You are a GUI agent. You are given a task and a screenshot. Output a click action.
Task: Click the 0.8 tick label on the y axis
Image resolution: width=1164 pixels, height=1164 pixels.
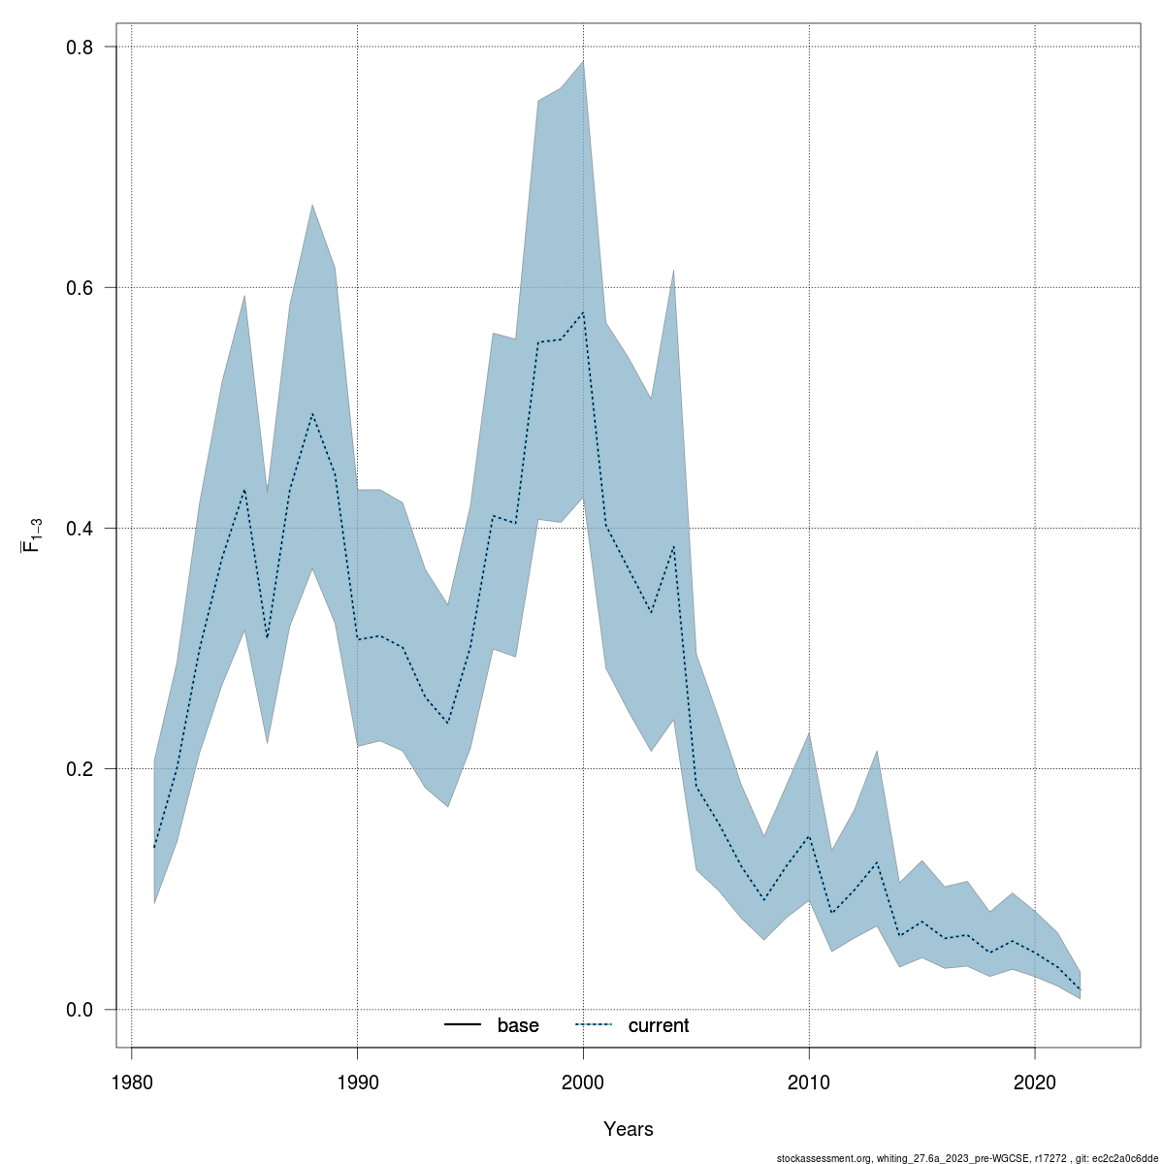(x=77, y=48)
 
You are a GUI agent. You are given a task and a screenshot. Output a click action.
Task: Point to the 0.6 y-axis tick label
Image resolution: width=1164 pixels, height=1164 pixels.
(x=77, y=288)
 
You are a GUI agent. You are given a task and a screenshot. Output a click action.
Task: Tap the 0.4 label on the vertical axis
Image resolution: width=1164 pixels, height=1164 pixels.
(x=77, y=529)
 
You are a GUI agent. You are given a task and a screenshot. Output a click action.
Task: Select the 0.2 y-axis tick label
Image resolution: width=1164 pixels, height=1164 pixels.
(x=77, y=769)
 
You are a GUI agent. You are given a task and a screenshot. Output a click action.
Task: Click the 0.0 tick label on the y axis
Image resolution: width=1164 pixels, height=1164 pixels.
(x=77, y=1010)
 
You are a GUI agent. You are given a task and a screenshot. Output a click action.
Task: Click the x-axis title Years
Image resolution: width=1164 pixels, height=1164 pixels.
(x=629, y=1129)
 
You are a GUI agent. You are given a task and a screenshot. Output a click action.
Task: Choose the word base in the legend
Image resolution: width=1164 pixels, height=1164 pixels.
(x=518, y=1025)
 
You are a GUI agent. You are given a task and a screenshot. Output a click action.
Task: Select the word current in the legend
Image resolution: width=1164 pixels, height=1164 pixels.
(x=659, y=1025)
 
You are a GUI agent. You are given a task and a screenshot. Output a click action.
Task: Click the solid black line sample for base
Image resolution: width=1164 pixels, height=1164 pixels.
(x=464, y=1025)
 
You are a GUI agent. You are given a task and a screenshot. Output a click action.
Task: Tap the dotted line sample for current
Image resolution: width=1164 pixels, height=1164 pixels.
(x=595, y=1025)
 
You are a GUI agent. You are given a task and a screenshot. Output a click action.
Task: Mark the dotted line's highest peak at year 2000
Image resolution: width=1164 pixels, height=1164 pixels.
(x=583, y=312)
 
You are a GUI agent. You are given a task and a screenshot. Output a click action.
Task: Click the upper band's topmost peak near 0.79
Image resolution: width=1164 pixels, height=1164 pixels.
(x=583, y=61)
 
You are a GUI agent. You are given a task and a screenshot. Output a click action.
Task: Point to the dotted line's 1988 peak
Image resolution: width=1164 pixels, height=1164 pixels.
(x=312, y=414)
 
